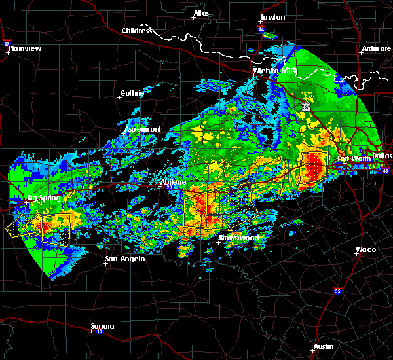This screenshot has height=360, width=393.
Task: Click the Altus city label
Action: [201, 13]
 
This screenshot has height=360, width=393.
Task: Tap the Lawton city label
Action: [272, 17]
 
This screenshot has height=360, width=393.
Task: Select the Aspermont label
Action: [142, 129]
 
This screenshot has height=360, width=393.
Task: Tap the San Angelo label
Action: [124, 259]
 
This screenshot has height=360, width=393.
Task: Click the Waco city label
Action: [365, 249]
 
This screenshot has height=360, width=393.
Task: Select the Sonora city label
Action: [102, 326]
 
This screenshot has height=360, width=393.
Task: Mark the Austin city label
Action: [323, 346]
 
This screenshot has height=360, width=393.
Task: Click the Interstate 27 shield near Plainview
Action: [7, 44]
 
